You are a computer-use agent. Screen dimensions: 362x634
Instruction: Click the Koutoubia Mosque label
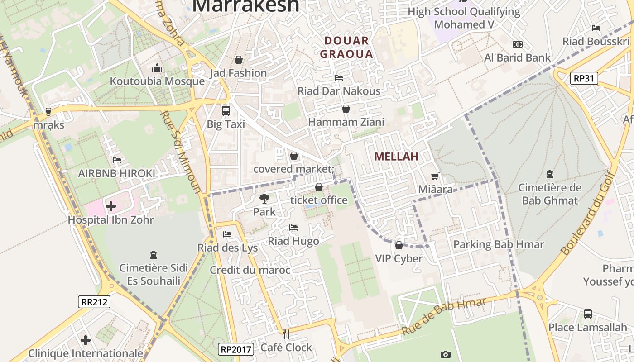click(157, 81)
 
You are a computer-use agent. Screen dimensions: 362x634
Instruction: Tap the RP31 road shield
click(583, 78)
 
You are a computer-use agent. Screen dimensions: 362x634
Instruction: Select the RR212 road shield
click(94, 301)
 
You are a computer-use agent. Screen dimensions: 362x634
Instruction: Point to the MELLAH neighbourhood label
click(396, 157)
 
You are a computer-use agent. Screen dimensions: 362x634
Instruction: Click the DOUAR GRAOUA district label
click(346, 48)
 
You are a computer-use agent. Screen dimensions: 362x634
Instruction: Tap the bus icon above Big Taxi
click(226, 110)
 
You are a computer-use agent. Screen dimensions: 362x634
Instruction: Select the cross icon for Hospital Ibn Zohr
click(111, 207)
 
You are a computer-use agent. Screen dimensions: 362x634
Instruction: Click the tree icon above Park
click(264, 198)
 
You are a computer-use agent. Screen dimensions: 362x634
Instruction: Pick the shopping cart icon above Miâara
click(435, 176)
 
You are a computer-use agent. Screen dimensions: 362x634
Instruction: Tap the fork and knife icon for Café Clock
click(286, 334)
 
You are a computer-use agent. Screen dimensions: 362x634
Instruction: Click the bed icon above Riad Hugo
click(293, 228)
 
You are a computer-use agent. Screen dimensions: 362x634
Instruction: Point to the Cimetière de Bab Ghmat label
click(549, 194)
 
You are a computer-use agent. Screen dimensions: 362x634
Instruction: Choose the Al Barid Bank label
click(517, 57)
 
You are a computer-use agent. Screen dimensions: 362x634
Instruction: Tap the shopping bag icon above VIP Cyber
click(399, 245)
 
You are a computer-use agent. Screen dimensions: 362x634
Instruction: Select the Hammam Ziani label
click(346, 122)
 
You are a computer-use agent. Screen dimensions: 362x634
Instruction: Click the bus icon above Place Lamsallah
click(587, 314)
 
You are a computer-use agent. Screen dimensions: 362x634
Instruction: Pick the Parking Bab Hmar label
click(498, 244)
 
